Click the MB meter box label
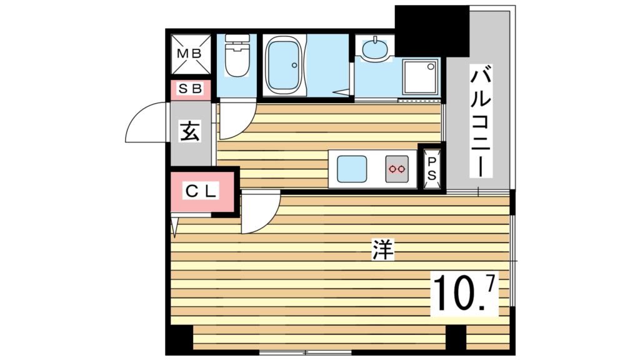coord(189,54)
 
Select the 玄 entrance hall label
coord(191,132)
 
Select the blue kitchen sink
coord(352,168)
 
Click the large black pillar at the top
coord(431,30)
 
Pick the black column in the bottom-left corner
coord(179,341)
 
